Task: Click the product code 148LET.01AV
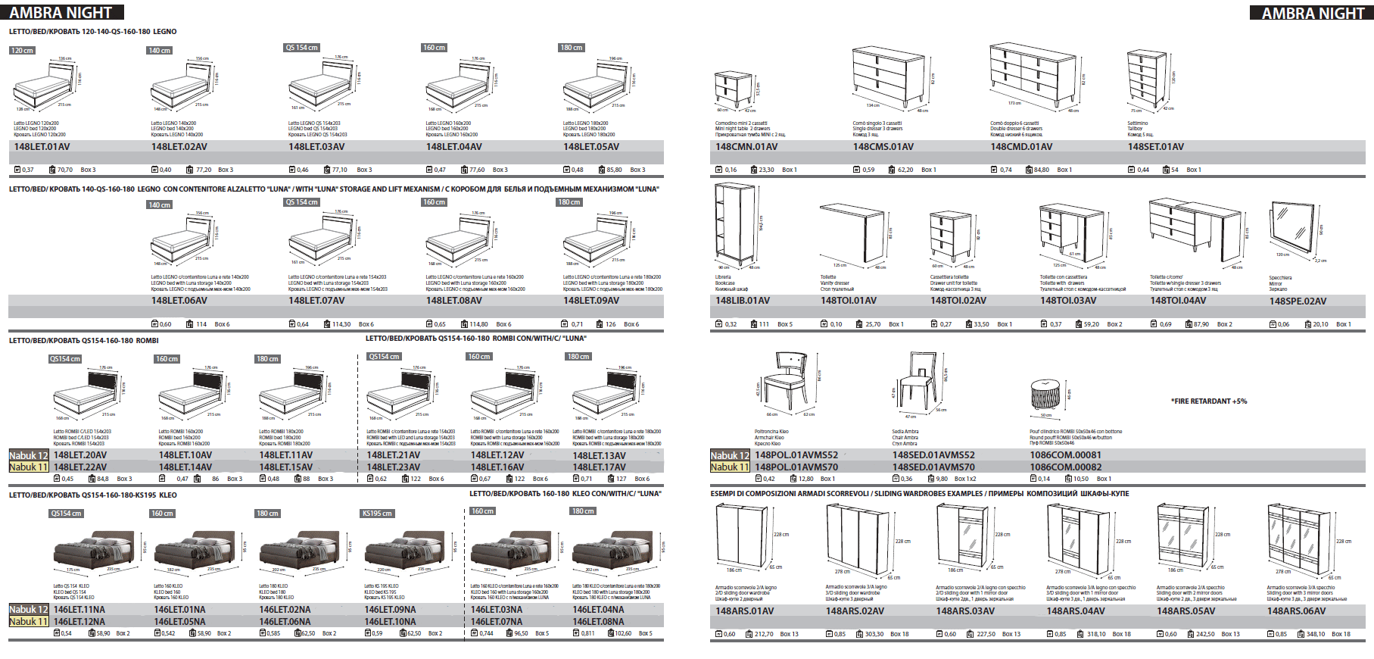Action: click(42, 147)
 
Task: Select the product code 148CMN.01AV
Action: click(746, 147)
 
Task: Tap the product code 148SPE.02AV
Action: click(1298, 301)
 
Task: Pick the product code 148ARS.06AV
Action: click(1296, 611)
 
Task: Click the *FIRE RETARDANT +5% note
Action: click(1209, 401)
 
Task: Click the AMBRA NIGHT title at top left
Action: click(61, 13)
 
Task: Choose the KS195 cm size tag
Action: click(377, 514)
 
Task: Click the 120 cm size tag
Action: click(23, 51)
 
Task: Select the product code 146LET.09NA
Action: click(390, 610)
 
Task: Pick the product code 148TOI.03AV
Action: click(1067, 301)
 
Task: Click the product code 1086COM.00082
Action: click(1065, 467)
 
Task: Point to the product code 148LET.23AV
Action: click(394, 467)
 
